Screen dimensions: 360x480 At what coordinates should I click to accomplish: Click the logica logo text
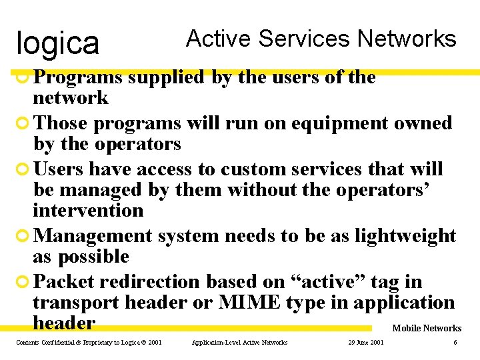pyautogui.click(x=57, y=43)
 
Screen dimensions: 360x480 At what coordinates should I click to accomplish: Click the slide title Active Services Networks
pyautogui.click(x=321, y=39)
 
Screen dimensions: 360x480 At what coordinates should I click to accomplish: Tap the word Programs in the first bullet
pyautogui.click(x=78, y=77)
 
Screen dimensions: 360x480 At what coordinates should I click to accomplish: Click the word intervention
pyautogui.click(x=88, y=211)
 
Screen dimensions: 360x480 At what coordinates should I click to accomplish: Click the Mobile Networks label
pyautogui.click(x=427, y=328)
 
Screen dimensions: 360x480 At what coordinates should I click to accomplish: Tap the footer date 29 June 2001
pyautogui.click(x=366, y=343)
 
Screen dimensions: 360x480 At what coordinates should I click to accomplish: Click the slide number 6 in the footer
pyautogui.click(x=455, y=343)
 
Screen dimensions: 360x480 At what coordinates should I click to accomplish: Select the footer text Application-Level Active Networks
pyautogui.click(x=239, y=343)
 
